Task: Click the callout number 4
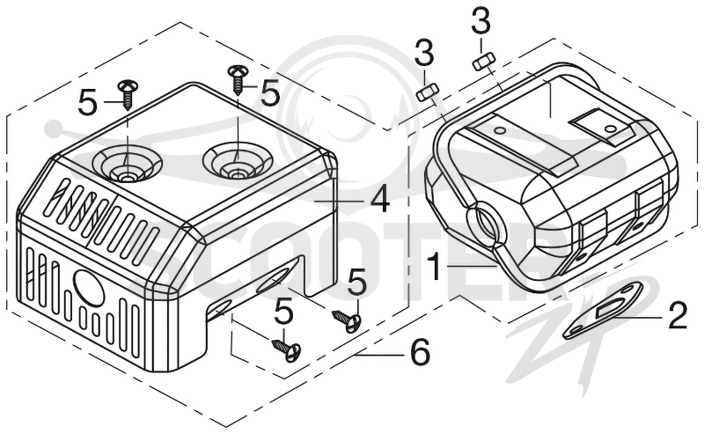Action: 380,200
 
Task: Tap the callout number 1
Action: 434,266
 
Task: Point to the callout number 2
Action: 678,316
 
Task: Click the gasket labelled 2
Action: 603,310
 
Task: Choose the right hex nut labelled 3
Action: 484,61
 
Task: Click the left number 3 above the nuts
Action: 424,53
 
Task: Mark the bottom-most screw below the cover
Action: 287,349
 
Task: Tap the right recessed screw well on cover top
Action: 238,159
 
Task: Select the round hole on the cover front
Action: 90,288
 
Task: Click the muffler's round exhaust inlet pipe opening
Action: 487,222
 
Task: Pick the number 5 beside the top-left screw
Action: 87,102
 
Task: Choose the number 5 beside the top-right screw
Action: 270,94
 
